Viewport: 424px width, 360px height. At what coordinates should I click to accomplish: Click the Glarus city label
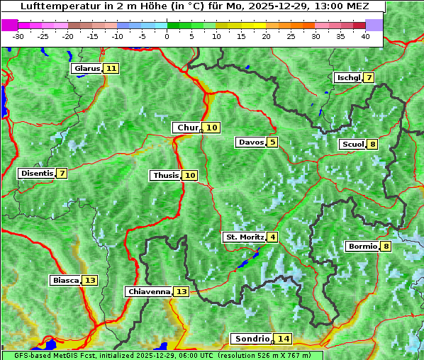point(87,69)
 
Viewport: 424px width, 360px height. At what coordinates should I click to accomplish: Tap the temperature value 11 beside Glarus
point(111,69)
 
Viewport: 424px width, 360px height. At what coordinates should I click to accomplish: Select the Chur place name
point(187,128)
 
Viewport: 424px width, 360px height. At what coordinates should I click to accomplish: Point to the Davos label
point(251,142)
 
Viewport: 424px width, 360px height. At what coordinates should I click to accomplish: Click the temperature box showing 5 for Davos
point(272,142)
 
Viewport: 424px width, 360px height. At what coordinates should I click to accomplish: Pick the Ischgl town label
point(347,78)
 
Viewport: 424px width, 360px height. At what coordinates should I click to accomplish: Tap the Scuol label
point(352,145)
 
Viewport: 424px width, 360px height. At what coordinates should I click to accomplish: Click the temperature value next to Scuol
point(372,145)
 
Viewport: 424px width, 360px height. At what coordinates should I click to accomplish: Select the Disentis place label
point(37,174)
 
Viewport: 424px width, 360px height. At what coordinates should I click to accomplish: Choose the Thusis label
point(165,176)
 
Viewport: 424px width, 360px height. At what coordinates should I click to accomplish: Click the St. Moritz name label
point(245,237)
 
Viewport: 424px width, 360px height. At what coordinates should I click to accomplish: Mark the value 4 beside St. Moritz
point(273,237)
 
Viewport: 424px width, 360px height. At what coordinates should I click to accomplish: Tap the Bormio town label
point(362,247)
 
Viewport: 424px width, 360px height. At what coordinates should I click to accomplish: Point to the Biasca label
point(65,281)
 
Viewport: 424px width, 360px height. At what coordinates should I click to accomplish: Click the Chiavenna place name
point(149,292)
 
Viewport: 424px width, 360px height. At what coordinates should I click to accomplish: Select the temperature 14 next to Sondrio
point(284,339)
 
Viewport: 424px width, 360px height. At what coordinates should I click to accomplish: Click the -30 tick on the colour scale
point(18,36)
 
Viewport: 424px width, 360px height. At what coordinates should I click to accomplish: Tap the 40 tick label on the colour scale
point(365,36)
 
